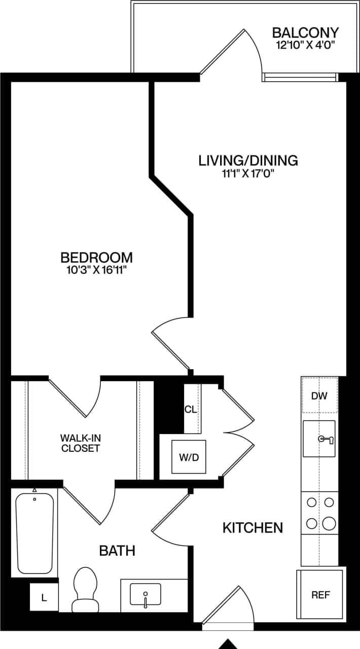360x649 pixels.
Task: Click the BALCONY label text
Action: tap(305, 33)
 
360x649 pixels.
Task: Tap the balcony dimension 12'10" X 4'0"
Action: tap(305, 46)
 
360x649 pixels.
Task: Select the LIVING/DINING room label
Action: tap(248, 161)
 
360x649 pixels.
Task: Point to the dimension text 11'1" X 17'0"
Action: tap(248, 174)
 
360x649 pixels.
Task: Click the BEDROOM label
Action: tap(96, 257)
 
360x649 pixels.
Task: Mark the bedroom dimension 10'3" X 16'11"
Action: tap(96, 270)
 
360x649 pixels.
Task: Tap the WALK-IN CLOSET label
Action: tap(80, 443)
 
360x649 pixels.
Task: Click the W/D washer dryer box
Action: tap(188, 457)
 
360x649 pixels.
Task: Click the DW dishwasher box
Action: tap(319, 395)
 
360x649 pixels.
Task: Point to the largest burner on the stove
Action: tap(329, 522)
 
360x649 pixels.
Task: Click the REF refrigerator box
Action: tap(320, 594)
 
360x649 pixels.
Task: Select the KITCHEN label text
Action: tap(253, 528)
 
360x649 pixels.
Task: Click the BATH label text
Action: tap(117, 551)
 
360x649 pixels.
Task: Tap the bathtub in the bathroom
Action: tap(34, 533)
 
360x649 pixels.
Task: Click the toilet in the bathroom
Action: tap(85, 589)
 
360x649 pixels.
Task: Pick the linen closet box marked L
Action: tap(44, 598)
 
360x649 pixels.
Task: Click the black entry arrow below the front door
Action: tap(228, 644)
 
